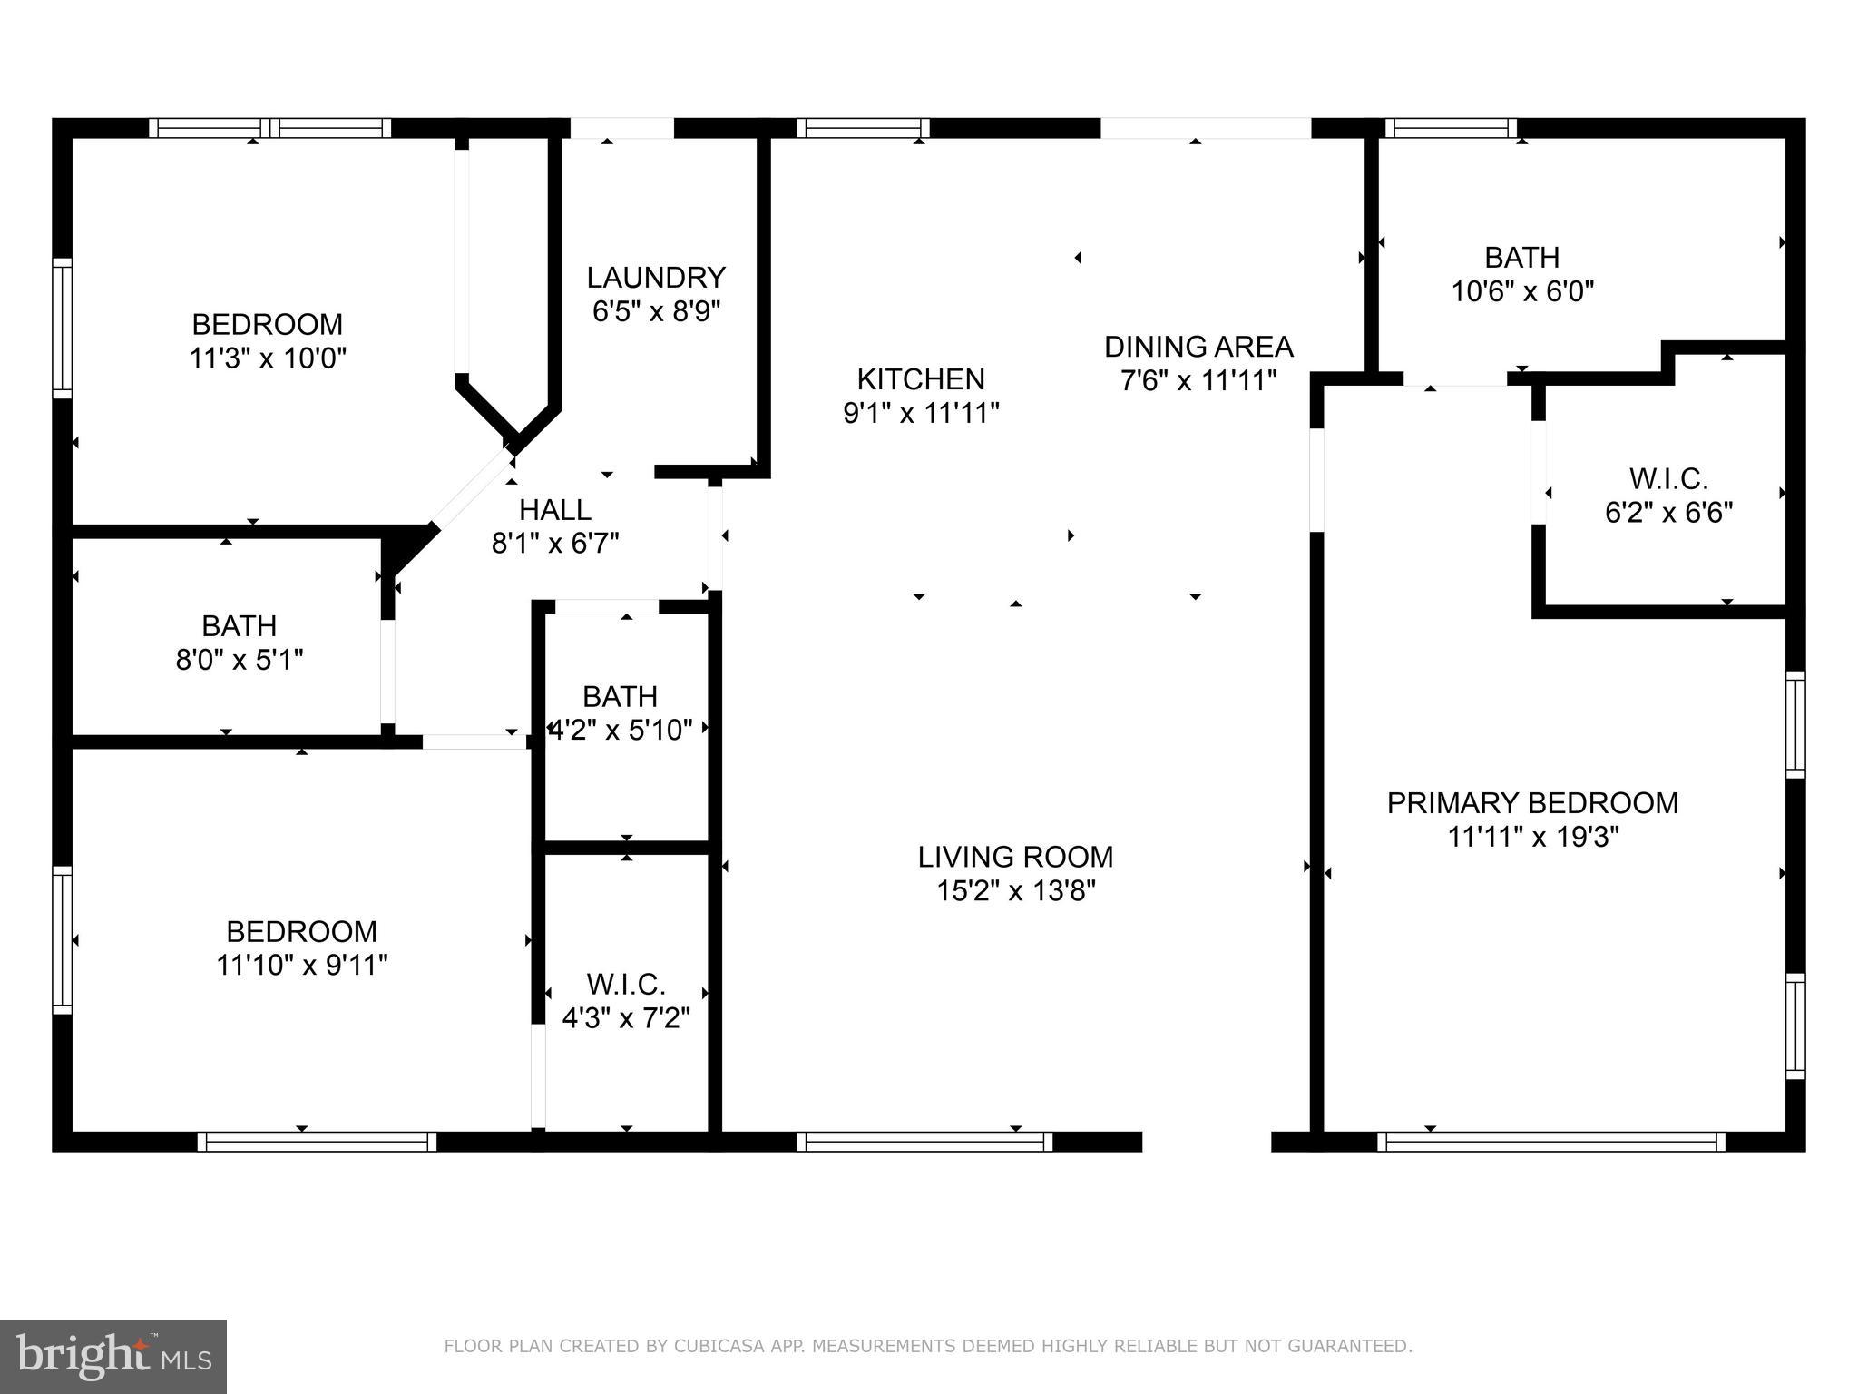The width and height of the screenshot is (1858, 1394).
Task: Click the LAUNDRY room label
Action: coord(656,277)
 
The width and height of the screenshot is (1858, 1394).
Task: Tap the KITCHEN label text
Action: coord(921,378)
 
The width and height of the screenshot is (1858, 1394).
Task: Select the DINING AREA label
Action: coord(1198,347)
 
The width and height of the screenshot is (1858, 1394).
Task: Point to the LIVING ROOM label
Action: coord(1015,857)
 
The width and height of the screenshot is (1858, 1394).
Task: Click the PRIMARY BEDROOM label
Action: coord(1532,803)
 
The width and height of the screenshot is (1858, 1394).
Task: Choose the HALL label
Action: coord(555,509)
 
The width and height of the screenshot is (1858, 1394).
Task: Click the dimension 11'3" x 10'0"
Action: coord(268,358)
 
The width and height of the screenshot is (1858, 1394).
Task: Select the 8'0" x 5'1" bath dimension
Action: coord(240,660)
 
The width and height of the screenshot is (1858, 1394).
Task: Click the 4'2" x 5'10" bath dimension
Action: coord(621,730)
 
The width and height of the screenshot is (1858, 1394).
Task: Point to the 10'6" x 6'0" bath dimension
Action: coord(1522,292)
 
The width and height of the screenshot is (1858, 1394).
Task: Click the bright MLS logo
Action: coord(113,1357)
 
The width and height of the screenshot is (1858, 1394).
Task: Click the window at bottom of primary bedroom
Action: coord(1551,1142)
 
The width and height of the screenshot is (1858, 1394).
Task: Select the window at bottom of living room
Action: coord(924,1142)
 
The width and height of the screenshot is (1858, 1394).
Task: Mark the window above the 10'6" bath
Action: coord(1451,128)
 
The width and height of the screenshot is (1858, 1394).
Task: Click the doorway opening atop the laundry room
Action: coord(621,128)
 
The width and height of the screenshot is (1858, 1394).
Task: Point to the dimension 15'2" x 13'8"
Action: coord(1015,891)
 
